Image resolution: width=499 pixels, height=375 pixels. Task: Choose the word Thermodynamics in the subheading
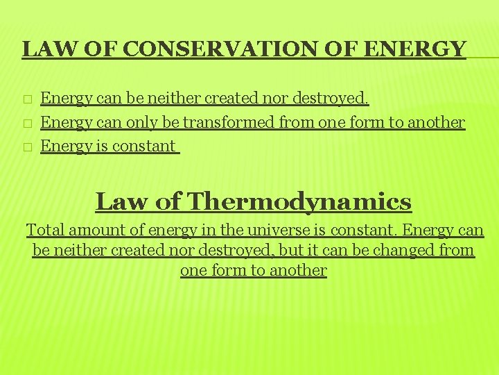coord(300,202)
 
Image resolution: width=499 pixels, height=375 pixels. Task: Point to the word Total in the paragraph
coord(43,230)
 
